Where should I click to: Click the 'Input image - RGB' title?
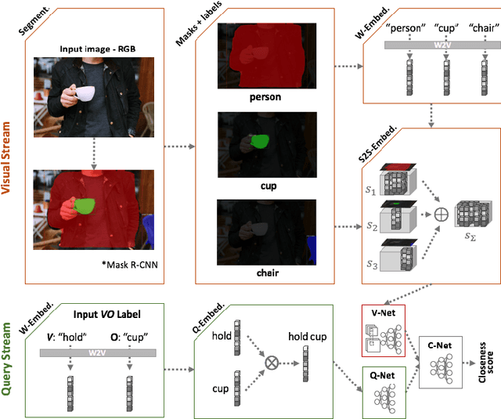pyautogui.click(x=97, y=49)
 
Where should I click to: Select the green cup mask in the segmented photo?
pyautogui.click(x=85, y=207)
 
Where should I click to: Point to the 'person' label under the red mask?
pyautogui.click(x=265, y=99)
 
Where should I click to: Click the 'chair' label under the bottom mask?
pyautogui.click(x=265, y=275)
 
